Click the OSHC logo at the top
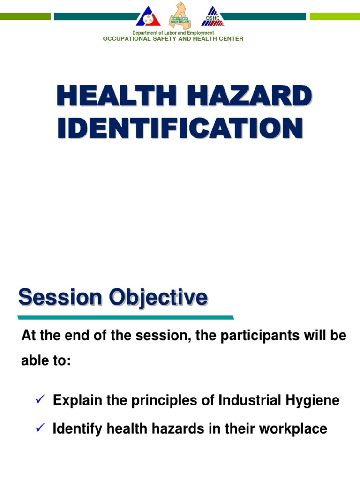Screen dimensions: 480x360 213,16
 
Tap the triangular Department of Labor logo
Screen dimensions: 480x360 148,16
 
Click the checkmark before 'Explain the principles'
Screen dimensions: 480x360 40,400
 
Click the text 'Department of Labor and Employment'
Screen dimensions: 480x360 173,33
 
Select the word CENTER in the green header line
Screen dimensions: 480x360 230,39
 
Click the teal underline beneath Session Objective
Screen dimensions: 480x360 127,317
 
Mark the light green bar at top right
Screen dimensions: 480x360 335,16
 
